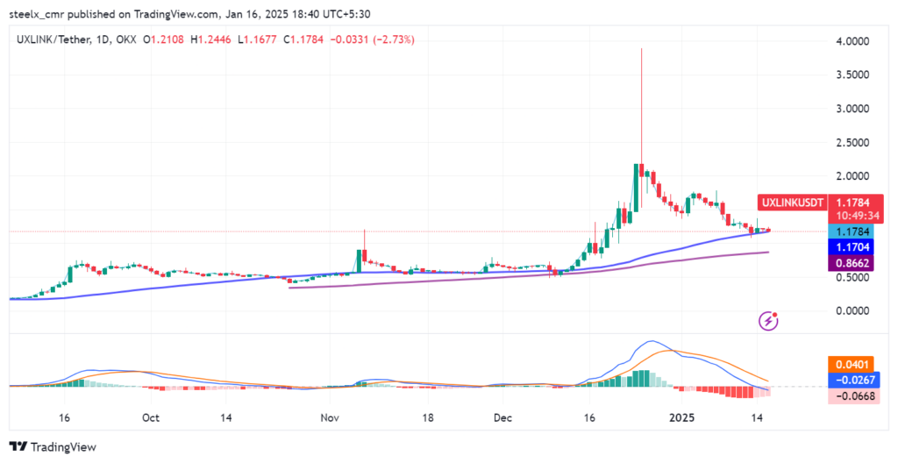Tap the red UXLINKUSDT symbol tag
point(793,203)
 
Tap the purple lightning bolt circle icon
point(769,321)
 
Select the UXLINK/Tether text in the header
point(50,39)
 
